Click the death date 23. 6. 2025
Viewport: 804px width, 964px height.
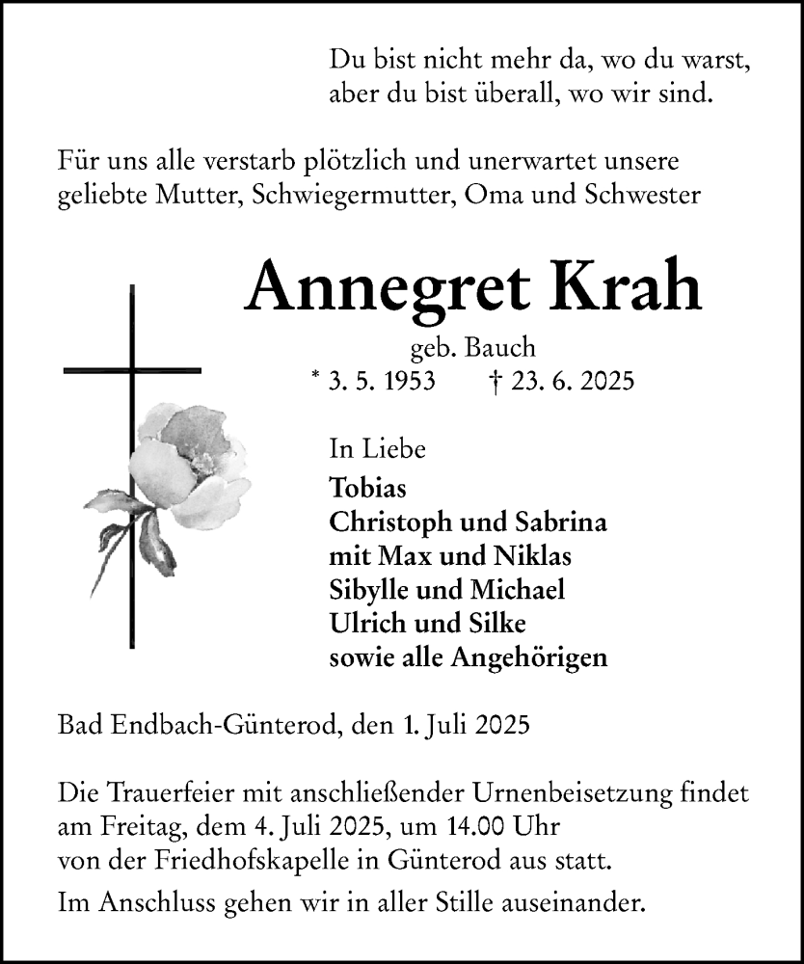click(x=573, y=381)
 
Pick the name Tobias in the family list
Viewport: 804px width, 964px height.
click(x=367, y=488)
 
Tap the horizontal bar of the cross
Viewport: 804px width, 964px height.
click(x=132, y=369)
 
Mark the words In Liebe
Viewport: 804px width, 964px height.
click(x=378, y=448)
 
